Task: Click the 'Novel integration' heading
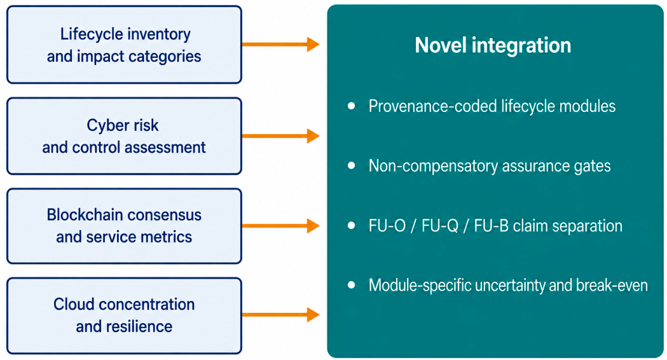pos(493,46)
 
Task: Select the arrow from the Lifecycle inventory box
pos(281,45)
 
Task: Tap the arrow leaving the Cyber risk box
pos(281,135)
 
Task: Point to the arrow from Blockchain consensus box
pos(281,226)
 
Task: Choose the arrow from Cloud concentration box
pos(281,315)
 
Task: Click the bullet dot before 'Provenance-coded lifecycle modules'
pos(352,106)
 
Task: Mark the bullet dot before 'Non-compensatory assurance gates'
pos(352,165)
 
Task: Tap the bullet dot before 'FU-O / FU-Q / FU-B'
pos(352,226)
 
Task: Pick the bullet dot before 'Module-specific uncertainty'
pos(352,285)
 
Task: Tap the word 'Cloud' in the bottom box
pos(71,304)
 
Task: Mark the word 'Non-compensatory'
pos(434,166)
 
